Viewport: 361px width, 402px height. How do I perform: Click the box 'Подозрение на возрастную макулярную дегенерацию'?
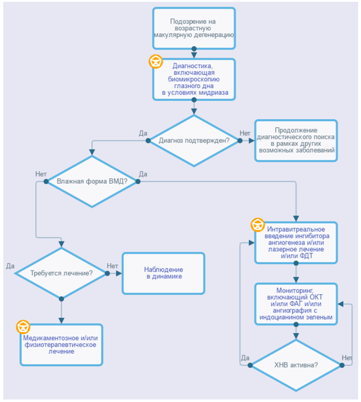pyautogui.click(x=194, y=28)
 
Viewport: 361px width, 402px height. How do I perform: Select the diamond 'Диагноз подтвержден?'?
pyautogui.click(x=194, y=140)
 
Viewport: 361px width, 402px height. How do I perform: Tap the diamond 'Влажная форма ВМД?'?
pyautogui.click(x=92, y=181)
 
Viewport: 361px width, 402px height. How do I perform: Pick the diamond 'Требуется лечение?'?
pyautogui.click(x=61, y=273)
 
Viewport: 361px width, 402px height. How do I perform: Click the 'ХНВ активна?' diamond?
pyautogui.click(x=296, y=365)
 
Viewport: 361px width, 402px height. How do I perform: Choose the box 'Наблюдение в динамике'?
pyautogui.click(x=163, y=273)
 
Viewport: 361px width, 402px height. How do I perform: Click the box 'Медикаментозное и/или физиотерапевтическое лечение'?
pyautogui.click(x=61, y=345)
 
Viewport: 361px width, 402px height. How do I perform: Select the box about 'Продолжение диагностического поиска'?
pyautogui.click(x=296, y=140)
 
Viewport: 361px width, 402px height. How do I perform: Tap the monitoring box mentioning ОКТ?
pyautogui.click(x=296, y=304)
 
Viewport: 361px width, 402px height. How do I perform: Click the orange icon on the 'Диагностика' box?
pyautogui.click(x=156, y=62)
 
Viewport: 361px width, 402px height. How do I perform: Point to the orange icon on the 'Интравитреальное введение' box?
pyautogui.click(x=257, y=225)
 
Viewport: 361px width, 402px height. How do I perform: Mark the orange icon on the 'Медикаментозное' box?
pyautogui.click(x=23, y=327)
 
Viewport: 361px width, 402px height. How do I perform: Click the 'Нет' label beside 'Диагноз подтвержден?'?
pyautogui.click(x=245, y=133)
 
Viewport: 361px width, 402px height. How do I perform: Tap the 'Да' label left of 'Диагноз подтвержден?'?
pyautogui.click(x=143, y=133)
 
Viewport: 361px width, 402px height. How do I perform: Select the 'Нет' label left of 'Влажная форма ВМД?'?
pyautogui.click(x=41, y=174)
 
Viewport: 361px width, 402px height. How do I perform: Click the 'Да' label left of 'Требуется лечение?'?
pyautogui.click(x=10, y=266)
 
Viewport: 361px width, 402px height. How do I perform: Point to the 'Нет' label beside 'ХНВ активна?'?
pyautogui.click(x=347, y=358)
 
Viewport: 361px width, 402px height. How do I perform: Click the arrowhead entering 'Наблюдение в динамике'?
pyautogui.click(x=119, y=273)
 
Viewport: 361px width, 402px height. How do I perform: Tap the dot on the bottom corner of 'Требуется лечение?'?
pyautogui.click(x=61, y=299)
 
